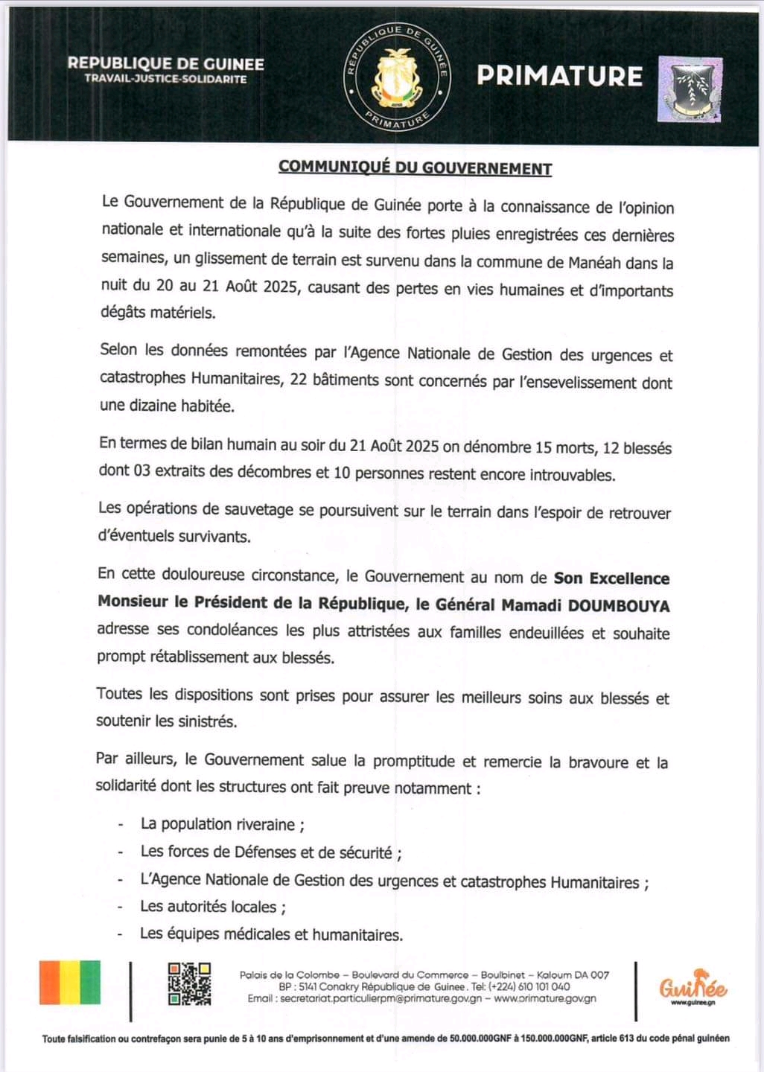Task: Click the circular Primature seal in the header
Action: pyautogui.click(x=396, y=76)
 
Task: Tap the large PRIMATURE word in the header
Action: pyautogui.click(x=559, y=76)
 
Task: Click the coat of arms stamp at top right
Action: pyautogui.click(x=690, y=89)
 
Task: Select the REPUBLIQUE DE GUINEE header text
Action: pyautogui.click(x=165, y=64)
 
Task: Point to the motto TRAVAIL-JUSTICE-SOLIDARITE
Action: pyautogui.click(x=165, y=79)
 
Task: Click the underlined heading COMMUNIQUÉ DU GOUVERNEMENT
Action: pyautogui.click(x=415, y=167)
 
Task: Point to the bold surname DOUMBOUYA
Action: pyautogui.click(x=619, y=606)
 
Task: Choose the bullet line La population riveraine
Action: pyautogui.click(x=222, y=824)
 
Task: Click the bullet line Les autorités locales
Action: pyautogui.click(x=213, y=907)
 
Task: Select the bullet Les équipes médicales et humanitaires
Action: pyautogui.click(x=271, y=934)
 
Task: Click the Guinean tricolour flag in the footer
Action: pyautogui.click(x=69, y=983)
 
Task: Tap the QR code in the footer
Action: pyautogui.click(x=189, y=983)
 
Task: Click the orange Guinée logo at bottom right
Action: pyautogui.click(x=693, y=987)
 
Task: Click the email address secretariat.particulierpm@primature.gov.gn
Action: pyautogui.click(x=380, y=998)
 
